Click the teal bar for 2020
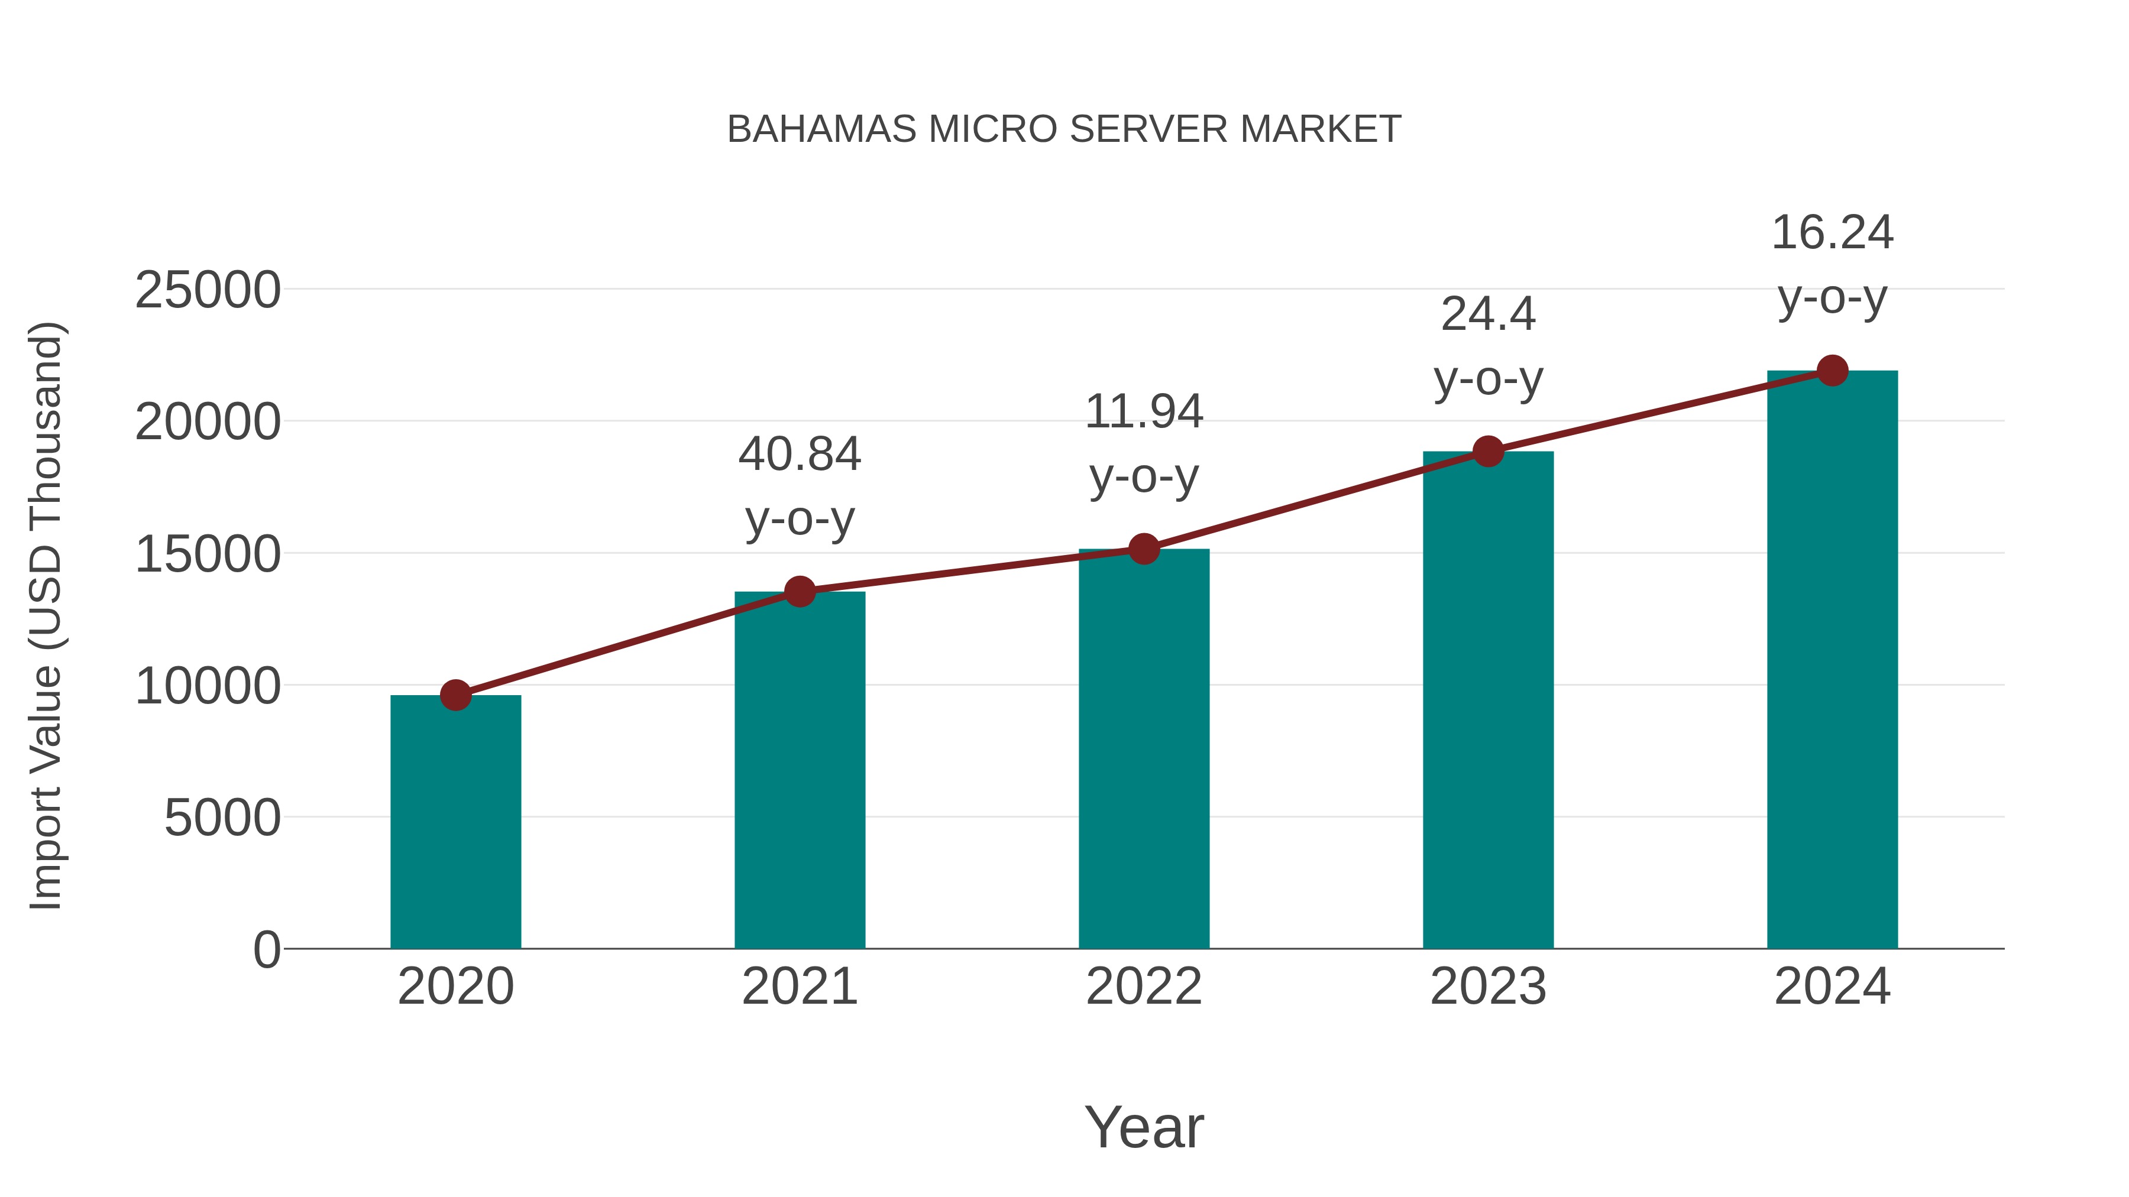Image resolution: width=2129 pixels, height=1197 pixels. (455, 822)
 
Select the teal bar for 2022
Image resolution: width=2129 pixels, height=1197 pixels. (1144, 748)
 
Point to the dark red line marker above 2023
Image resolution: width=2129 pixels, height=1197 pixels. (1489, 451)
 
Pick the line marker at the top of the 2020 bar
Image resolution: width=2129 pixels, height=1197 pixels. (455, 696)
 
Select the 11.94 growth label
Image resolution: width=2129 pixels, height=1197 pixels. (1144, 412)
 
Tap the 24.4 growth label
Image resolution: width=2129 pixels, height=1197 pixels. (1489, 314)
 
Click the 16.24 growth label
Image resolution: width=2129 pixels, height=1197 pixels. (1832, 233)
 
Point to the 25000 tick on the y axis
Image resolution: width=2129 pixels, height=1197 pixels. (208, 291)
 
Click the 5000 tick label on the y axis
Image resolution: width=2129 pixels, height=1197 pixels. (222, 819)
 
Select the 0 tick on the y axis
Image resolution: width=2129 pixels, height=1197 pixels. (267, 950)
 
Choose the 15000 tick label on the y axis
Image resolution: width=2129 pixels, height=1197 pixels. (208, 554)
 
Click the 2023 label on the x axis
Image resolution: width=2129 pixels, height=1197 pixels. (1489, 987)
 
